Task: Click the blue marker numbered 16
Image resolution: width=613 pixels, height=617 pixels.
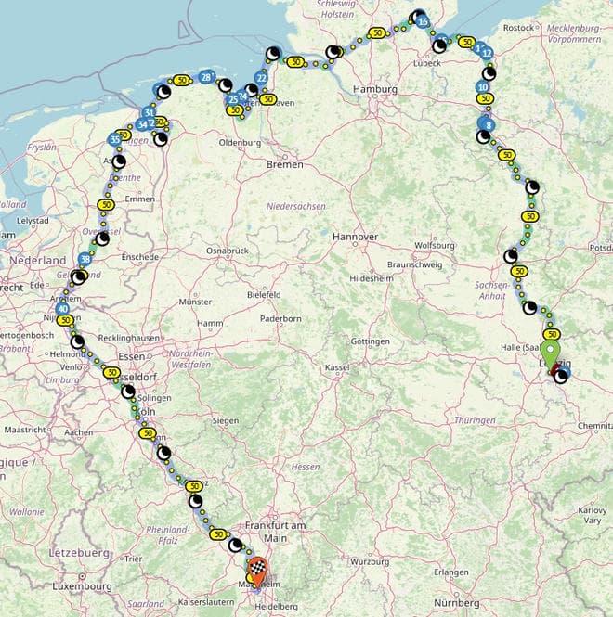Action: coord(423,21)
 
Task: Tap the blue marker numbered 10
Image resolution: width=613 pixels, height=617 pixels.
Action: coord(482,87)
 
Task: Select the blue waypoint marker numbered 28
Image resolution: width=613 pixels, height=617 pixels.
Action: coord(206,77)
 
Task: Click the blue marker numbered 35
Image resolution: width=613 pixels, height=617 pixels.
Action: coord(114,139)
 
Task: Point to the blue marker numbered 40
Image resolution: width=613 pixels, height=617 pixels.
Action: coord(62,309)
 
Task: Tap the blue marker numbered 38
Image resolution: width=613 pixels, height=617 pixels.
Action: coord(85,259)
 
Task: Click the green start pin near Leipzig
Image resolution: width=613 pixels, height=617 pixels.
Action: coord(552,355)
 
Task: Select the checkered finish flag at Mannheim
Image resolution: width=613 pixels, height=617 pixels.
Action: coord(257,568)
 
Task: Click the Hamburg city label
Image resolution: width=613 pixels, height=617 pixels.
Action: coord(375,89)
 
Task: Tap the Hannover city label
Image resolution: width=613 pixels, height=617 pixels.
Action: coord(355,237)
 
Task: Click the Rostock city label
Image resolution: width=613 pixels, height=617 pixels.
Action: coord(518,28)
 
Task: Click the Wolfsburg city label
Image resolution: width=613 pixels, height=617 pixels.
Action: coord(435,245)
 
